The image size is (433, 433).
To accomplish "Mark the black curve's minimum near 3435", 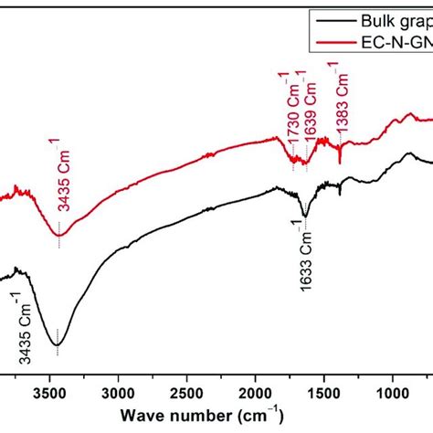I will click(x=58, y=344).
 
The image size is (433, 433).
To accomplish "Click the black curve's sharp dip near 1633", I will click(x=305, y=216).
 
